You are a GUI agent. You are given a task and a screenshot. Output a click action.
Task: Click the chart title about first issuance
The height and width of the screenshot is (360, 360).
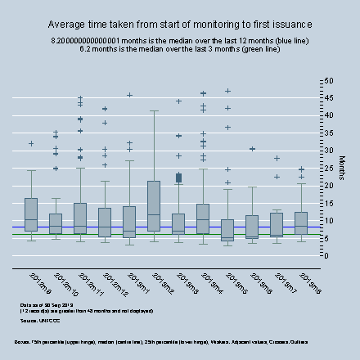click(180, 25)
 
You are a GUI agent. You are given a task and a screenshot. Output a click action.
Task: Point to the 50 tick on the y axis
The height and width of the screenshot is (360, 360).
click(328, 81)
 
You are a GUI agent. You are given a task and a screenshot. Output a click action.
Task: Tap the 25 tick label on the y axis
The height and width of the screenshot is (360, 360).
click(328, 168)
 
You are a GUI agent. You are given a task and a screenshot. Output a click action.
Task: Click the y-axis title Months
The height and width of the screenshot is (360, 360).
click(341, 169)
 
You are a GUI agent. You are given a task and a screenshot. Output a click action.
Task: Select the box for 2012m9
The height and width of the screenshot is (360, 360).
click(31, 214)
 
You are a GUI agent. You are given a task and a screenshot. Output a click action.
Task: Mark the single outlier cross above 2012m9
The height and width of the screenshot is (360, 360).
click(31, 144)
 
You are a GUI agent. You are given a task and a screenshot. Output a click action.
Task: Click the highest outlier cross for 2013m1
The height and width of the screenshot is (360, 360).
click(129, 95)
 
